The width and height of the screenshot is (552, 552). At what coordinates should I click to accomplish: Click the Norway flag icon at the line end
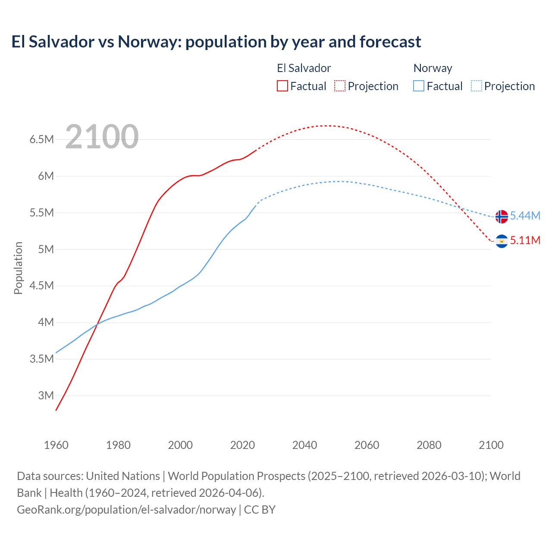pos(502,216)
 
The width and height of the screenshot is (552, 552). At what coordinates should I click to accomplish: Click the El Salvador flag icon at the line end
pos(502,241)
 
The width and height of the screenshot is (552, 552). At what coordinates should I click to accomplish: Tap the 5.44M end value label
pos(525,216)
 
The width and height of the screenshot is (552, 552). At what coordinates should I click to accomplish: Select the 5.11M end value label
pos(525,240)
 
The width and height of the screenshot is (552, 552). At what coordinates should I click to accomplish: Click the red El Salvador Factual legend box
pos(282,86)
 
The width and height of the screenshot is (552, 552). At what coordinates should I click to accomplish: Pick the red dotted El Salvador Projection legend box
pos(340,86)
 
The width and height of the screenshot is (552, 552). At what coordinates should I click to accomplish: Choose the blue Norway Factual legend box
pos(419,86)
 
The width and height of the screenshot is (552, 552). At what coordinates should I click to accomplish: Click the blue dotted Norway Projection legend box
pos(477,86)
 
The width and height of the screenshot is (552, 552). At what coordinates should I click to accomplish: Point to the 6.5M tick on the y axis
pos(41,139)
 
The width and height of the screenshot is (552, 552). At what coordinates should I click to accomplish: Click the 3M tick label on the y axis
pos(46,395)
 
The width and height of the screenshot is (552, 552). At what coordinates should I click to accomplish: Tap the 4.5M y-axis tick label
pos(41,285)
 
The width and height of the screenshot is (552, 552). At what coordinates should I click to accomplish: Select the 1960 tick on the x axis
pos(56,445)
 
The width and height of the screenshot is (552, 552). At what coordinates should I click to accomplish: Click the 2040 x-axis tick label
pos(304,445)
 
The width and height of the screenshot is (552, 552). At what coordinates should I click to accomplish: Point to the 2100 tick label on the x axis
pos(491,445)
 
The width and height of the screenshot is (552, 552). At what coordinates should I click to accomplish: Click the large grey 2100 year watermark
pos(102,137)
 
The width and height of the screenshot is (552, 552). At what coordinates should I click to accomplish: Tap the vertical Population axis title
pos(18,268)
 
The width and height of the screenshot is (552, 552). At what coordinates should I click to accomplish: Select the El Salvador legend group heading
pos(304,68)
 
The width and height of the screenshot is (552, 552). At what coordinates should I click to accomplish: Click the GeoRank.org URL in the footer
pos(126,509)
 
